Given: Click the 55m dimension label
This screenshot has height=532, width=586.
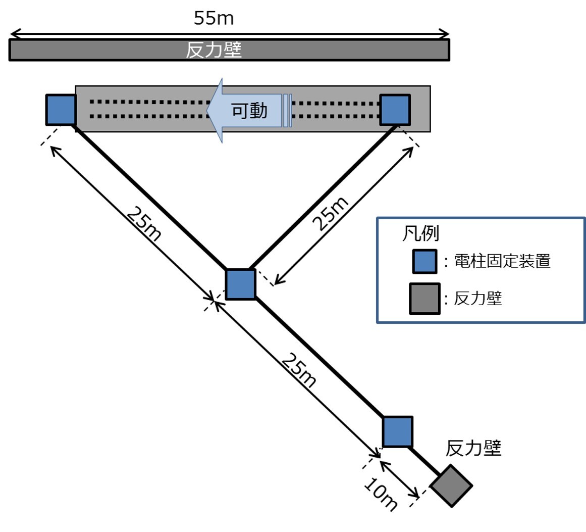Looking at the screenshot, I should pos(214,18).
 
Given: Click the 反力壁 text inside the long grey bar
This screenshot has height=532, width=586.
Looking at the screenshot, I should pos(214,50).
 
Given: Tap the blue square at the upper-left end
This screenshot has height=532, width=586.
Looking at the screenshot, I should pos(61,110).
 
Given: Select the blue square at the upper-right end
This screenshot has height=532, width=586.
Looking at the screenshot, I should pos(395,110).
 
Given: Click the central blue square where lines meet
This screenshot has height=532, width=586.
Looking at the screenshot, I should pos(240,284).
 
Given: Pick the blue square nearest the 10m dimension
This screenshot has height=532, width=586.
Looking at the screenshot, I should pos(397,431).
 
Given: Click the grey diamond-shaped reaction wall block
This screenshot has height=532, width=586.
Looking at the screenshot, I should pos(451,486).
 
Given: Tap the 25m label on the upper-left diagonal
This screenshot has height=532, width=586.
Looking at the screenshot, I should pos(144,224).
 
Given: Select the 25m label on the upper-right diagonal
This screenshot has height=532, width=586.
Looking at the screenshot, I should pos(331,214).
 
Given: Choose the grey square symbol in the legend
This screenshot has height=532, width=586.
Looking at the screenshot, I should pos(424,299).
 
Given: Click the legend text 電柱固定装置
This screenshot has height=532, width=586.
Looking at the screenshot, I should pos(502,261).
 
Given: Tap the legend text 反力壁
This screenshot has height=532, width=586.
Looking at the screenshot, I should pos(477,298).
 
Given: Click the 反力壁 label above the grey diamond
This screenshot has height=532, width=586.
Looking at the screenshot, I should pos(473,448).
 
